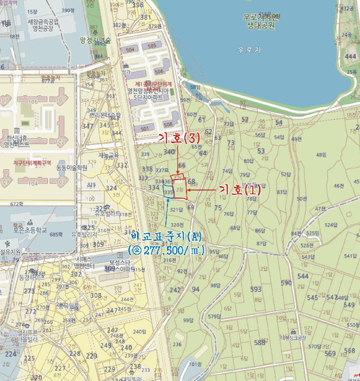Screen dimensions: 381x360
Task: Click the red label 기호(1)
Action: pyautogui.click(x=239, y=190)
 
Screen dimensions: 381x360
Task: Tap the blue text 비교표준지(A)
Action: pyautogui.click(x=166, y=237)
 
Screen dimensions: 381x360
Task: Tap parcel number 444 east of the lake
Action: pyautogui.click(x=350, y=57)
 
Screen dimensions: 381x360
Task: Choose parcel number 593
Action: pyautogui.click(x=256, y=289)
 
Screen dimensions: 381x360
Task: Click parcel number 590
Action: pyautogui.click(x=286, y=282)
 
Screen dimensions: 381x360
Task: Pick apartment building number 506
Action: pyautogui.click(x=159, y=71)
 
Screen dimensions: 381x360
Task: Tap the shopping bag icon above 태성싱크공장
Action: pyautogui.click(x=293, y=331)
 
